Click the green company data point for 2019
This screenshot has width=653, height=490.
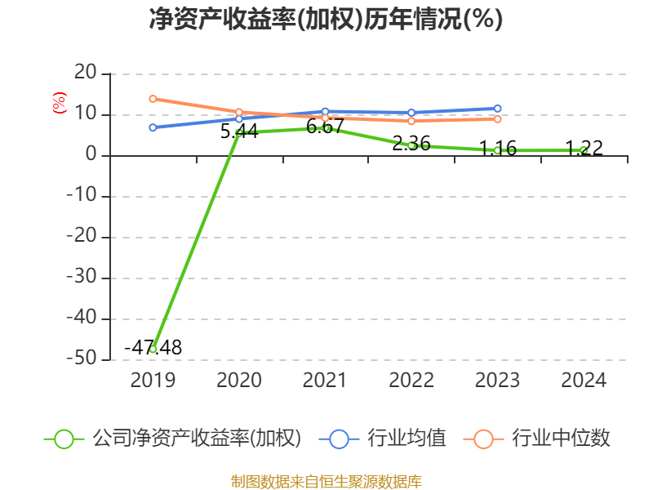coord(153,350)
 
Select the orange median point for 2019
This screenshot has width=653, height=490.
coord(153,99)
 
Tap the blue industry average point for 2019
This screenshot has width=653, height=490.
coord(153,127)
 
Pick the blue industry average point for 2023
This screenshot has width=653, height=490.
coord(497,109)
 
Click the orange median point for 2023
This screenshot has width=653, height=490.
coord(497,119)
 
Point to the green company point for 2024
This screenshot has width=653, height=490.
coord(584,149)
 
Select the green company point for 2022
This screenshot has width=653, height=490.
coord(411,145)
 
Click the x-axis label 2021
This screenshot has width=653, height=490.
coord(325,381)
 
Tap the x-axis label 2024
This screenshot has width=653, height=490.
coord(584,381)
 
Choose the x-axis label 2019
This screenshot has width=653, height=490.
coord(153,381)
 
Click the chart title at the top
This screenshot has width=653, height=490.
coord(326,19)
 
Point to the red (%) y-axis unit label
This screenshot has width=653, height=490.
coord(59,104)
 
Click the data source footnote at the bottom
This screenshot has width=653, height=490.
coord(326,481)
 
